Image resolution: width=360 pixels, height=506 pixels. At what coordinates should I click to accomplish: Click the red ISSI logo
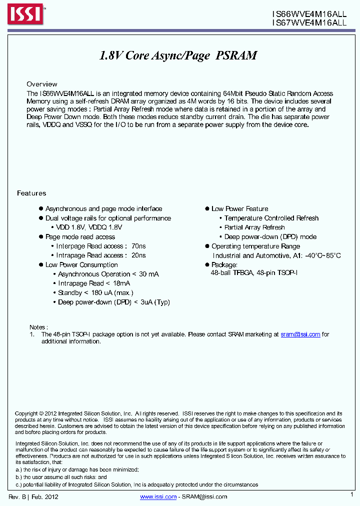click(x=24, y=14)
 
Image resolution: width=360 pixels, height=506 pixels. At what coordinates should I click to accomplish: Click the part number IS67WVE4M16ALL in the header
click(x=309, y=22)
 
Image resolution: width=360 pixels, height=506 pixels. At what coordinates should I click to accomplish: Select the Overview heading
click(x=42, y=84)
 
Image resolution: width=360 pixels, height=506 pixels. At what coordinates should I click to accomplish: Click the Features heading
click(x=31, y=193)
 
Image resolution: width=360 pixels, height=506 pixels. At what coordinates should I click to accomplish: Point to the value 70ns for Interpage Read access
click(x=138, y=246)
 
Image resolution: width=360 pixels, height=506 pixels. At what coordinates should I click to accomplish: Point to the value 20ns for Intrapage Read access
click(x=138, y=255)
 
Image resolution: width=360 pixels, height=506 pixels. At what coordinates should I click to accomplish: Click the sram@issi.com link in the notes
click(x=300, y=334)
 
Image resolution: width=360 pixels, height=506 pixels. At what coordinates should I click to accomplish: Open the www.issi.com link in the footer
click(x=158, y=496)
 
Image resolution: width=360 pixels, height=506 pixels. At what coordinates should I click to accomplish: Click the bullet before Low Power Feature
click(x=207, y=209)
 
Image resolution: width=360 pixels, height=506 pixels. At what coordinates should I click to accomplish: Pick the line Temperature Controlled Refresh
click(x=271, y=218)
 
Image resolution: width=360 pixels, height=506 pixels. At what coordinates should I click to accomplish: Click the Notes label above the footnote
click(x=38, y=326)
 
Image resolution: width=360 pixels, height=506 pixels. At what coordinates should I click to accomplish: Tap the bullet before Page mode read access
click(x=41, y=237)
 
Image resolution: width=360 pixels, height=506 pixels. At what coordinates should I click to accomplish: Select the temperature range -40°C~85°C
click(x=317, y=255)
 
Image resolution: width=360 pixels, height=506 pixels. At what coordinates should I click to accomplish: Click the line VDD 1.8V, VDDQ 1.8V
click(x=90, y=227)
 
